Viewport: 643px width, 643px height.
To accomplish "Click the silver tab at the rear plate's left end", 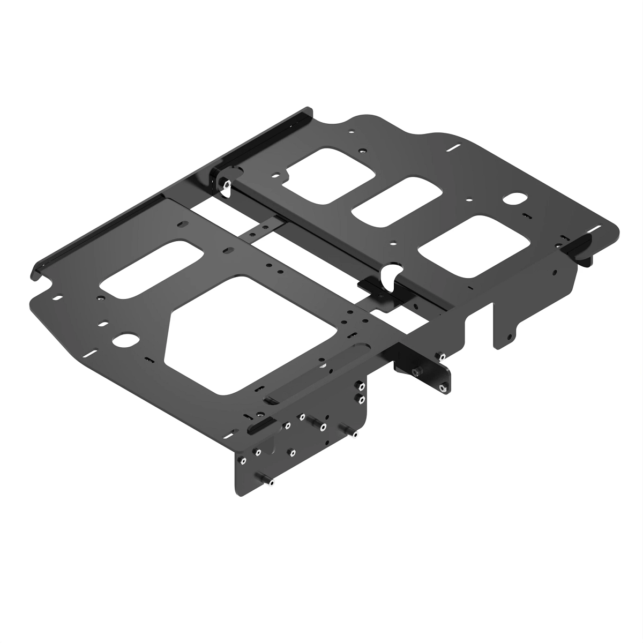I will [226, 187].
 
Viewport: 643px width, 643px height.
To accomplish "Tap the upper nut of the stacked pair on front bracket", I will [362, 386].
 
